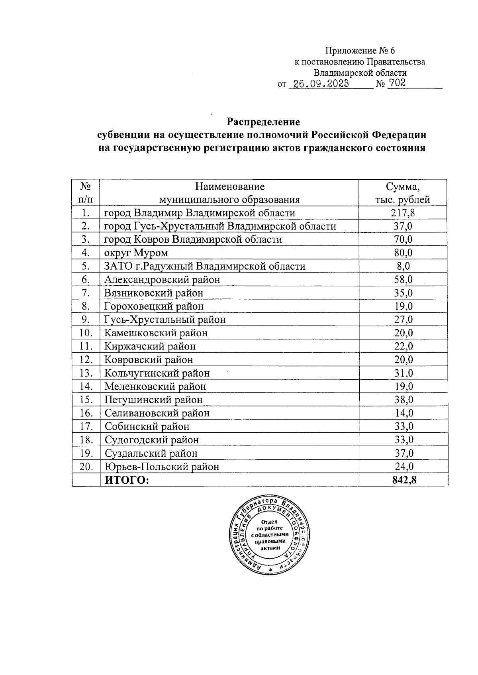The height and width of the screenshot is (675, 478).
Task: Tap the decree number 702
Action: click(x=397, y=83)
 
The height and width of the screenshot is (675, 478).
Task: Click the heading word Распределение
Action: click(x=263, y=121)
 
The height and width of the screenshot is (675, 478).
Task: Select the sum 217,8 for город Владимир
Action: click(x=403, y=213)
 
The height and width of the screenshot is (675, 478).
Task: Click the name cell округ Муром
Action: click(x=136, y=253)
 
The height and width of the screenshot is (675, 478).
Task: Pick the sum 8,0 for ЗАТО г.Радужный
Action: click(x=403, y=266)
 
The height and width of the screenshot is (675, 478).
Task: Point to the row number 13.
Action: click(x=86, y=373)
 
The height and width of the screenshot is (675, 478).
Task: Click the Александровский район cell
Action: click(x=162, y=280)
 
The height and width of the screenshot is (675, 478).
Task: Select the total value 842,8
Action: click(x=403, y=480)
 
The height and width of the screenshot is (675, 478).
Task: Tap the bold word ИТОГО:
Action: click(x=126, y=480)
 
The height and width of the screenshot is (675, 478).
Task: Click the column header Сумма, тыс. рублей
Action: click(x=403, y=193)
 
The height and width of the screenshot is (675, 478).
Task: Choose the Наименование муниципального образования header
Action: click(x=229, y=193)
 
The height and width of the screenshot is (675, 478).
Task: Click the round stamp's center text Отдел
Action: click(x=270, y=522)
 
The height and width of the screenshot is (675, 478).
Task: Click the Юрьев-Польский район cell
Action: click(x=161, y=467)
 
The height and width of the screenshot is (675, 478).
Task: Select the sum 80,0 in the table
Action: click(x=403, y=253)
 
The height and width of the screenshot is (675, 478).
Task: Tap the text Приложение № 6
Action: click(x=360, y=51)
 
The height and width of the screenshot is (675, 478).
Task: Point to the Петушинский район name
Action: click(x=153, y=400)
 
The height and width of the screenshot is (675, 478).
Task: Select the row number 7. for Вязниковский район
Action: click(x=86, y=293)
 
